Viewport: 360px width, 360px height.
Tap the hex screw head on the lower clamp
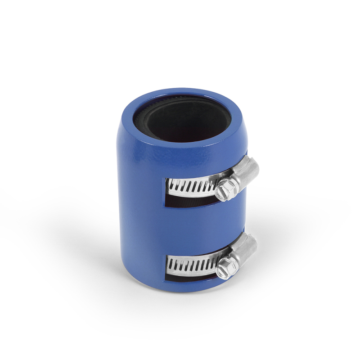pyautogui.click(x=224, y=270)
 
